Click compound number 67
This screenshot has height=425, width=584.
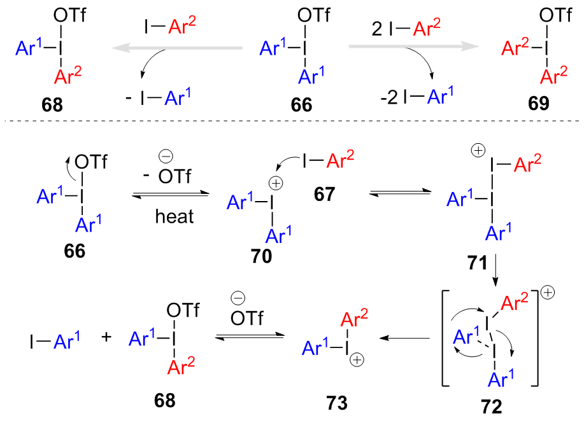pyautogui.click(x=324, y=194)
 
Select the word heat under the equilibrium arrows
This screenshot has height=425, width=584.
pyautogui.click(x=173, y=216)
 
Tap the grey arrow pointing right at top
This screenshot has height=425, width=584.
pyautogui.click(x=414, y=48)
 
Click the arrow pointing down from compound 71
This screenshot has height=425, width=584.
pyautogui.click(x=495, y=276)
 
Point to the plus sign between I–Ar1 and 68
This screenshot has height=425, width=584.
pyautogui.click(x=106, y=337)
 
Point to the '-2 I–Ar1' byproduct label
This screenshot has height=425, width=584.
pyautogui.click(x=408, y=97)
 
